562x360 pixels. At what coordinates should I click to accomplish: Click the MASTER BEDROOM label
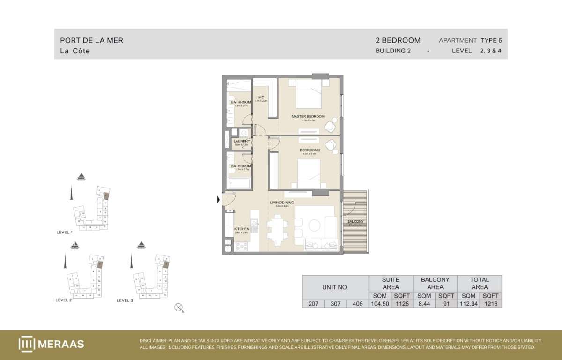[x=308, y=116]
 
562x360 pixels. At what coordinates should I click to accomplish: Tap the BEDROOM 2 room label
[x=310, y=150]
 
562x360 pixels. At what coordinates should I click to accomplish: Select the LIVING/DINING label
[x=283, y=202]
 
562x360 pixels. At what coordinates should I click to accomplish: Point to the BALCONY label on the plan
[x=355, y=221]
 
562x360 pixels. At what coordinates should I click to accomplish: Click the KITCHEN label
[x=242, y=229]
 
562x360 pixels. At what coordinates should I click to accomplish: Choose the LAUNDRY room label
[x=242, y=141]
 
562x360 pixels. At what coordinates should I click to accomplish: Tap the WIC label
[x=261, y=97]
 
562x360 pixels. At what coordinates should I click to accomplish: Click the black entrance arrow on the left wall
[x=218, y=200]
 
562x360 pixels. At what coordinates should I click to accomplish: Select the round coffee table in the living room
[x=315, y=225]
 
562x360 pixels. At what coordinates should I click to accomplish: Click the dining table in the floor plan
[x=277, y=230]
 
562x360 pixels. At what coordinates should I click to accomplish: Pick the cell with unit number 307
[x=335, y=303]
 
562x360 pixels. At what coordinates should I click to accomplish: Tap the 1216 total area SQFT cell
[x=491, y=303]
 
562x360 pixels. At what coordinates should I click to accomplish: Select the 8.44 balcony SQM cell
[x=424, y=303]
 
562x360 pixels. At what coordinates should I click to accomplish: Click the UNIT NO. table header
[x=335, y=287]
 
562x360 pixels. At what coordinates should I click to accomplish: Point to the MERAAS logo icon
[x=27, y=344]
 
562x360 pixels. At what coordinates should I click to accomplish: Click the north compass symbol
[x=178, y=307]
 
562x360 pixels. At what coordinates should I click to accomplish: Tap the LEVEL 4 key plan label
[x=64, y=232]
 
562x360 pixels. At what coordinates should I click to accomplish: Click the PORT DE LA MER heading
[x=92, y=40]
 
